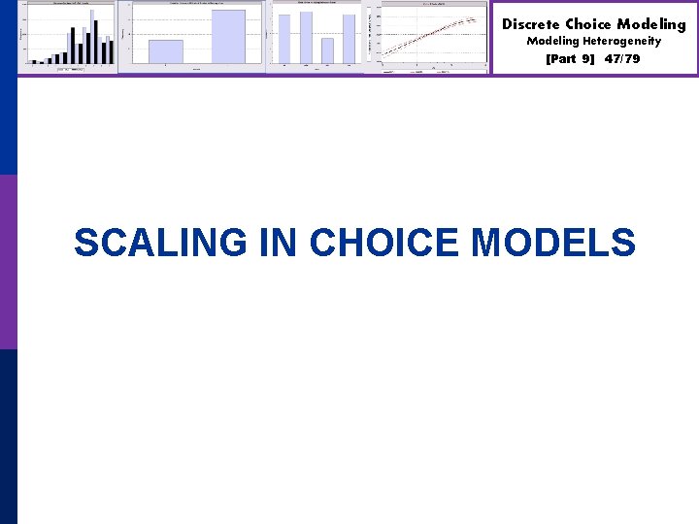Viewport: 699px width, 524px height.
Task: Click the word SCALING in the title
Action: coord(160,243)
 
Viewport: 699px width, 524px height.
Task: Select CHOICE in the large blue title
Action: coord(383,243)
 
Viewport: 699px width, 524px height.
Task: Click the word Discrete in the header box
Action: coord(530,24)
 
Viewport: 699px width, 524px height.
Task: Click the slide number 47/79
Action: coord(621,59)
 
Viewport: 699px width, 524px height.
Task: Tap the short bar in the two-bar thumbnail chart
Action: coord(165,51)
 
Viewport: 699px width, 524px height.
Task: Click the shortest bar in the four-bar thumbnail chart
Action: coord(327,50)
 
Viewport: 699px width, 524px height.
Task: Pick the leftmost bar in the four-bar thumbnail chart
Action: coord(284,39)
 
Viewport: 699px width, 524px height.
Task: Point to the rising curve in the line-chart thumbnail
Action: coord(433,38)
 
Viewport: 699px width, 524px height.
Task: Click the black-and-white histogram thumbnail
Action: coord(68,37)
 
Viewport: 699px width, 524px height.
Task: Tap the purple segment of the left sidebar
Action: coord(8,262)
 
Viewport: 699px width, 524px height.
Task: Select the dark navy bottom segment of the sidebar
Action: coord(8,437)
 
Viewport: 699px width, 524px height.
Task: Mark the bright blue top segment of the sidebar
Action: coord(8,87)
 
